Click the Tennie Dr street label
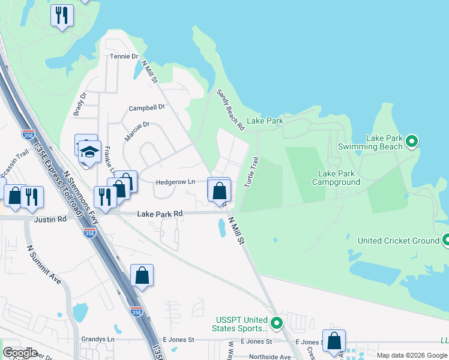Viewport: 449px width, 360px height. pos(124,57)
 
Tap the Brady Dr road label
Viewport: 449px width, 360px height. pos(80,103)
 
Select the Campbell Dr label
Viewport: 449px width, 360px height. pos(146,108)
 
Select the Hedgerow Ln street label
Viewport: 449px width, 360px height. pos(175,182)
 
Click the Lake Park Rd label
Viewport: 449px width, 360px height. pos(160,214)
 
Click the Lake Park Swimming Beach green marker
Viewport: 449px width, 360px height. pos(411,142)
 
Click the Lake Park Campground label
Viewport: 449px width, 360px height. pos(339,178)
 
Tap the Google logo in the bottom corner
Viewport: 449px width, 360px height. pos(19,353)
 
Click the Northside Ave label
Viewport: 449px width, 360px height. pos(270,357)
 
